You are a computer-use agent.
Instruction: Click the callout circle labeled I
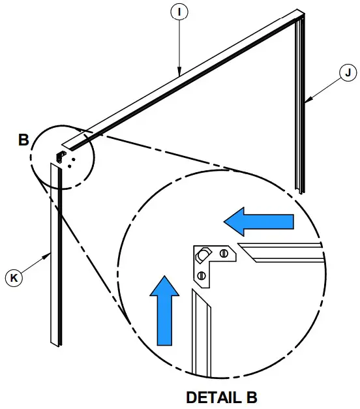179,12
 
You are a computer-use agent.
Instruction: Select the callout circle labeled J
348,72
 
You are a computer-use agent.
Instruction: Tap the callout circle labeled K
14,277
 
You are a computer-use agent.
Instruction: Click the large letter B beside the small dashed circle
23,140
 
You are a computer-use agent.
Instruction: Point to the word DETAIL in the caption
214,397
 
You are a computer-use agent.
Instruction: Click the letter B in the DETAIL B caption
252,397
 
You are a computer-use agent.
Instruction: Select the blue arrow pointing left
258,222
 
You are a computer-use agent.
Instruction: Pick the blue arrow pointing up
164,311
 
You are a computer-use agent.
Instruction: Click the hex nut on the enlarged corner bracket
202,255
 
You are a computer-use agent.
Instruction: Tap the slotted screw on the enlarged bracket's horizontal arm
224,253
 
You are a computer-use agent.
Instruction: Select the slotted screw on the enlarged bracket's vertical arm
202,275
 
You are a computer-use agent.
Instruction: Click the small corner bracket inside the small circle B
61,157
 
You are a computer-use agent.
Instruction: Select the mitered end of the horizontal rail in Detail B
247,252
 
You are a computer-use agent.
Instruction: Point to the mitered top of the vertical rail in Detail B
201,297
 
